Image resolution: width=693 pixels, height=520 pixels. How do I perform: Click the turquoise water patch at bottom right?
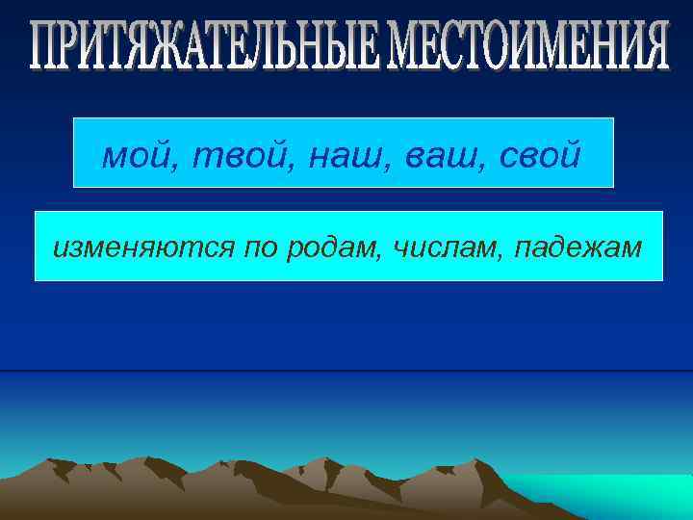[x=616, y=496]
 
